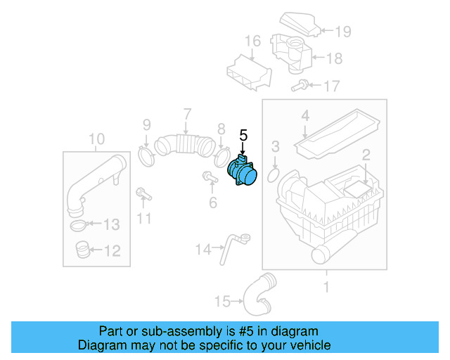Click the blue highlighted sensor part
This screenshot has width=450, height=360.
243,174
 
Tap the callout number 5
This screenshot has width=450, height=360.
243,134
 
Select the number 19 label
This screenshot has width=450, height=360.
342,31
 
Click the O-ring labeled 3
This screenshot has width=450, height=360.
274,172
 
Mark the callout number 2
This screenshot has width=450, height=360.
366,155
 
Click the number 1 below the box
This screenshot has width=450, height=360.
326,286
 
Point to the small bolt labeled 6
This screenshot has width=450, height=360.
209,176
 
